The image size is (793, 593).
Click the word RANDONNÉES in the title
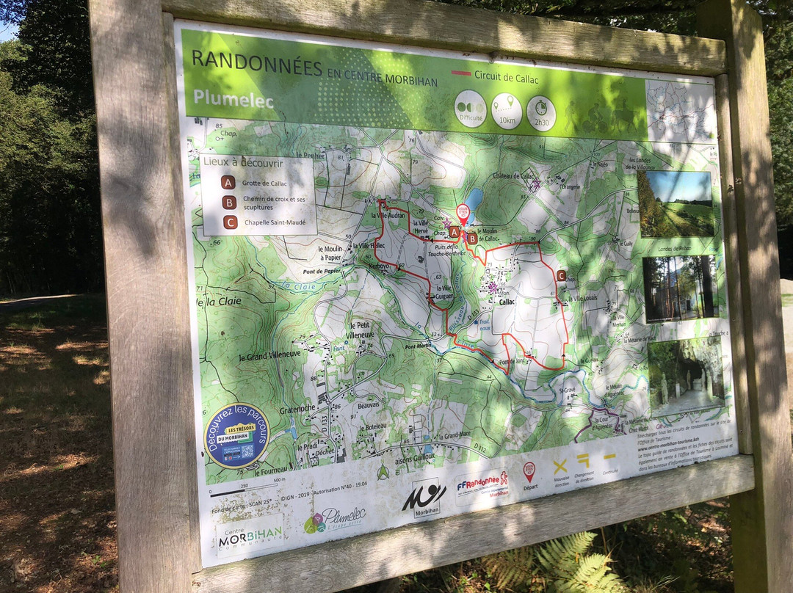point(256,64)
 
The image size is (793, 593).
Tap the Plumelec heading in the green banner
point(233,98)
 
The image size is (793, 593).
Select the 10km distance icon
point(507,111)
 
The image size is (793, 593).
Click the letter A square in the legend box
point(228,182)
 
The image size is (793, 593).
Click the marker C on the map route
point(561,275)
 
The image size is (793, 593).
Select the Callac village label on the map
point(507,301)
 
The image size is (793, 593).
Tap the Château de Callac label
point(516,175)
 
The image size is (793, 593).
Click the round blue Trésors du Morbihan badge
point(236,436)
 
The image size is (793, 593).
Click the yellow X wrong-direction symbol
point(560,465)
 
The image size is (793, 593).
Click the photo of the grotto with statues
point(686,375)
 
